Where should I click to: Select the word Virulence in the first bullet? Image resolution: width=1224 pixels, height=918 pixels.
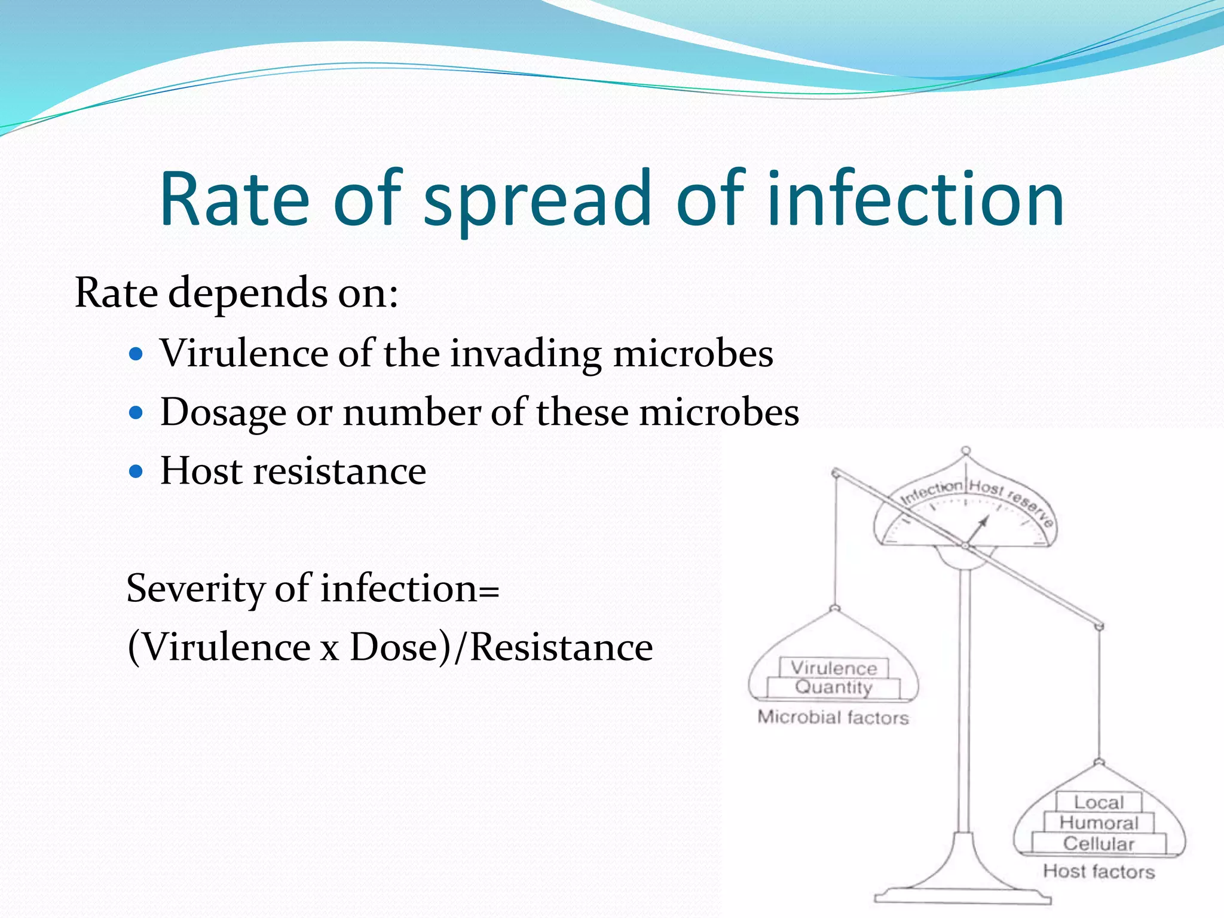[244, 353]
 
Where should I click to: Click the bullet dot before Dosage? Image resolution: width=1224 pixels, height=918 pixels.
[137, 413]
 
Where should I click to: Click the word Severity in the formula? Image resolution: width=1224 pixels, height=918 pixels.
[195, 589]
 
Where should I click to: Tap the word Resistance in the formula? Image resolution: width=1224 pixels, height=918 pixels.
[562, 647]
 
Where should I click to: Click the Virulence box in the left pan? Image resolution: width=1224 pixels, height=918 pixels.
[834, 668]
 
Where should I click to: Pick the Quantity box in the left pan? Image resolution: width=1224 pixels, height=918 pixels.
[834, 687]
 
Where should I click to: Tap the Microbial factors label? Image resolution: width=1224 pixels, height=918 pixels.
[833, 717]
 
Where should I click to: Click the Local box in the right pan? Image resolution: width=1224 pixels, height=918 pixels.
[1098, 802]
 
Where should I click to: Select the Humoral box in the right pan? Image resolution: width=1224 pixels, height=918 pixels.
[1098, 823]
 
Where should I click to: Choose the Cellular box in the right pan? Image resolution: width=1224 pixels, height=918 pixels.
[1098, 843]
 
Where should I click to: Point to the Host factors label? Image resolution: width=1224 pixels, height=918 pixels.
[1098, 871]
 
